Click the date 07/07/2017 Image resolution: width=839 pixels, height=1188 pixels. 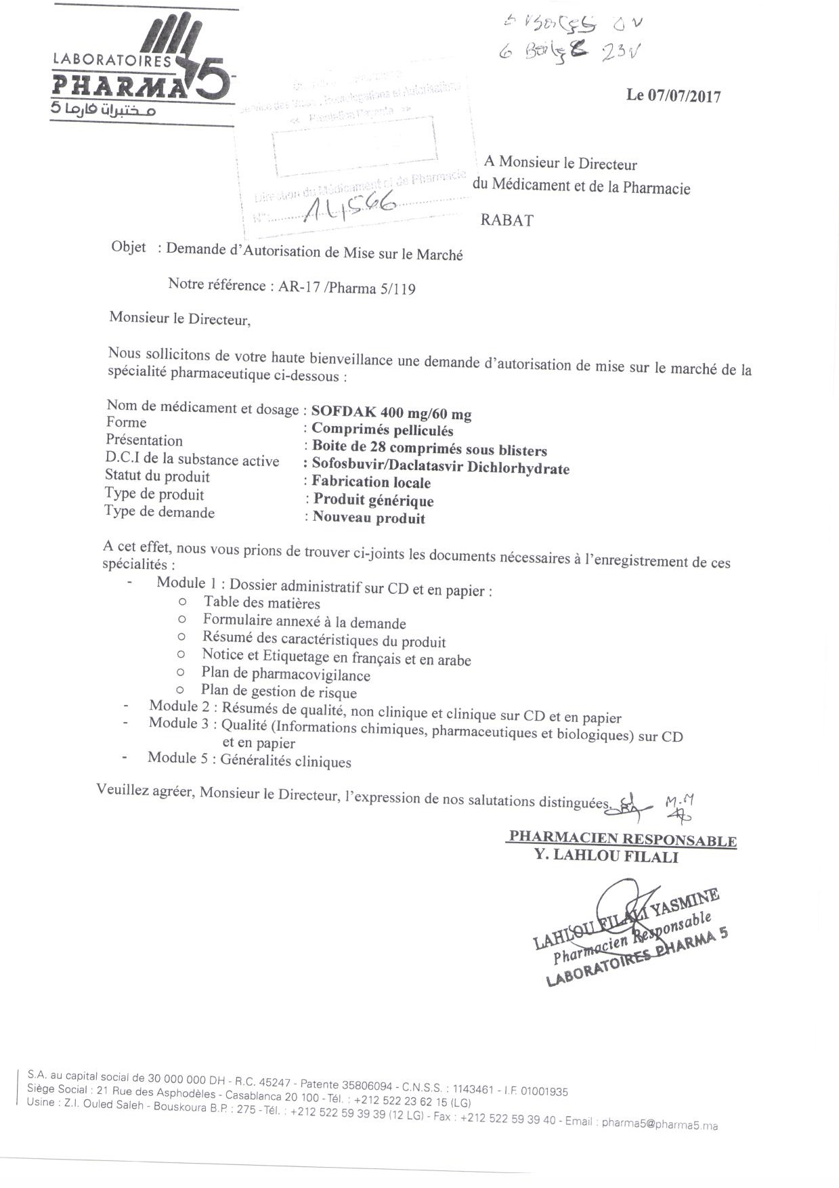[684, 96]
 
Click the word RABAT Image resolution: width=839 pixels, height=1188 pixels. [507, 220]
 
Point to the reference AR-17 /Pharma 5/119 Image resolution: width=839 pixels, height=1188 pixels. [347, 288]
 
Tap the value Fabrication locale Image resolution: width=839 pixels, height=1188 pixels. [371, 482]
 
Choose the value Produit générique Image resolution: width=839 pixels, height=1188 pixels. [373, 501]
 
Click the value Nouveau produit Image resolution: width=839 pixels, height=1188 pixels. [369, 518]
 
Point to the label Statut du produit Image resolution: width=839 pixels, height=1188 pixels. [157, 476]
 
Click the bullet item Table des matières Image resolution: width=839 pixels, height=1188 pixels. [261, 603]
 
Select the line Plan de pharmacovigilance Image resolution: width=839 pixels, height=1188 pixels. [286, 675]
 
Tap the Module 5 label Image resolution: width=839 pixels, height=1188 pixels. [177, 758]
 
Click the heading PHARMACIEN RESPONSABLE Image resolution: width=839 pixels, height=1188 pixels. [622, 839]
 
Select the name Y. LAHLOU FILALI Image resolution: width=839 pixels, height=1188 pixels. [606, 856]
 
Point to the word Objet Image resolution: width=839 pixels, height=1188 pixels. [128, 247]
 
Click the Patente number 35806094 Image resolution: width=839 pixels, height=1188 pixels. [365, 1084]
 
